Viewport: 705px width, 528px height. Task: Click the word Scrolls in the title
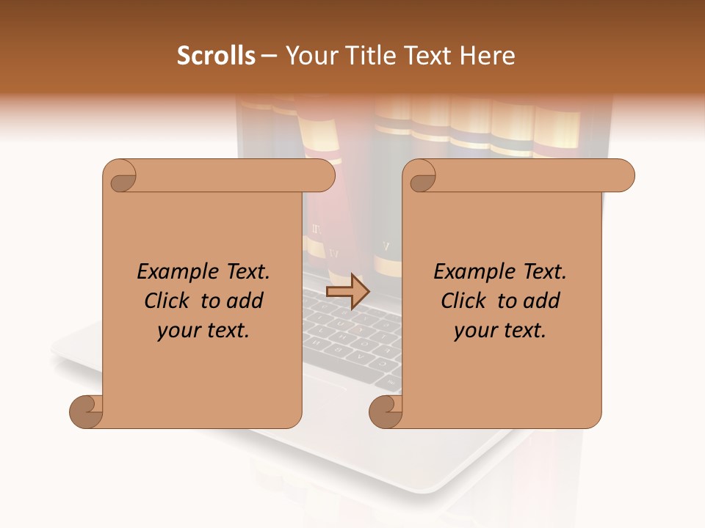(x=216, y=56)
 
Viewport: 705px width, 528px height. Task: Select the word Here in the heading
(x=487, y=56)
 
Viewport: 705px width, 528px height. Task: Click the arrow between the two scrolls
(x=347, y=291)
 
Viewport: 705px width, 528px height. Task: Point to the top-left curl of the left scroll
(x=120, y=176)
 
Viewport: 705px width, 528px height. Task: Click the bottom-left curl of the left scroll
(x=87, y=411)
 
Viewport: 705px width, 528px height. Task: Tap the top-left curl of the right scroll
(x=422, y=176)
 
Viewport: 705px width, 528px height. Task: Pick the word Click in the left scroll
(x=166, y=301)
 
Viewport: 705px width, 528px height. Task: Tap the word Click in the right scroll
(x=463, y=301)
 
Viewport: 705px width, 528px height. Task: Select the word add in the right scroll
(x=542, y=301)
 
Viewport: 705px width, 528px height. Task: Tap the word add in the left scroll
(x=245, y=301)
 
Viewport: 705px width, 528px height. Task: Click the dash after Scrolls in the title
(x=269, y=56)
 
